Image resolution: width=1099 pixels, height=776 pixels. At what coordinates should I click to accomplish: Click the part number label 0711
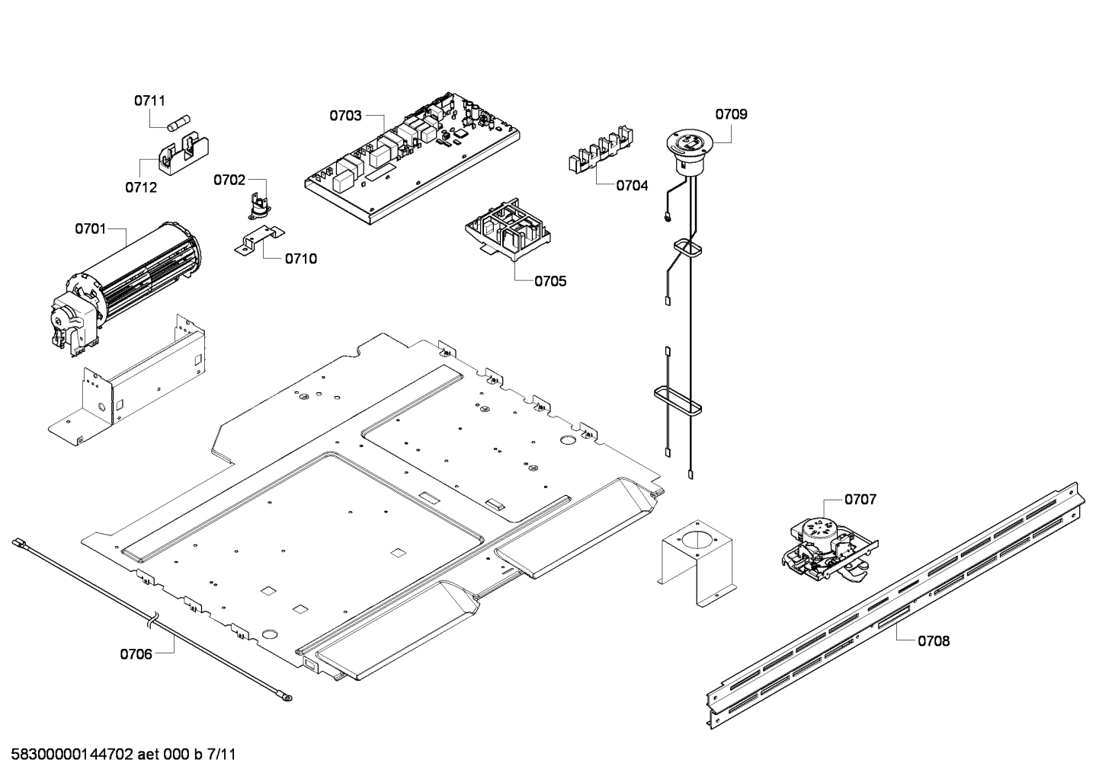click(x=149, y=101)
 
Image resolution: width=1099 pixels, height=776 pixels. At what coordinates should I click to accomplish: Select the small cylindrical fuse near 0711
click(x=180, y=122)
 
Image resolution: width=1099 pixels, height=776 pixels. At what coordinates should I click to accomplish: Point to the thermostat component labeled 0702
click(x=257, y=204)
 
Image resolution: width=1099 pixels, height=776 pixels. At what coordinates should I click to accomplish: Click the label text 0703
click(x=345, y=116)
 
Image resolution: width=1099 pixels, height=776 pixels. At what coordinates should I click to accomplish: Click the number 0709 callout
click(x=731, y=114)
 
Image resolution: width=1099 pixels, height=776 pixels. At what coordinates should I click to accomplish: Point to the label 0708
click(x=934, y=641)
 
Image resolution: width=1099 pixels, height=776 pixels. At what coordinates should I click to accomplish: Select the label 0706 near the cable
click(x=136, y=653)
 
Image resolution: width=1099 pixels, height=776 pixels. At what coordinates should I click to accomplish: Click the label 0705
click(x=550, y=281)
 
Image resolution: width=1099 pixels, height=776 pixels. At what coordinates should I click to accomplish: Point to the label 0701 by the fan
click(x=91, y=228)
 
